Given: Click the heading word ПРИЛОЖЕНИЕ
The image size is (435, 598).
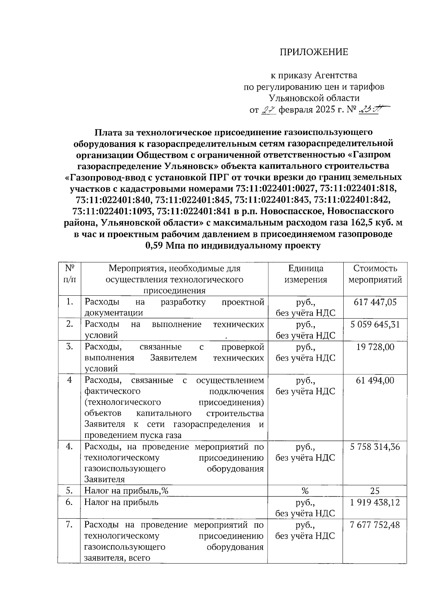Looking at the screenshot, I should (314, 52).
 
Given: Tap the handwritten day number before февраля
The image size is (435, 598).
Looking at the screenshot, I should (269, 109).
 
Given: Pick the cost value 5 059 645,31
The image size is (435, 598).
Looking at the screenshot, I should (375, 324).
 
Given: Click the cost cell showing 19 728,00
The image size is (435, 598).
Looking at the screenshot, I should (375, 347).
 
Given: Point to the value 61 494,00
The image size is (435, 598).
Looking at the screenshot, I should (375, 380).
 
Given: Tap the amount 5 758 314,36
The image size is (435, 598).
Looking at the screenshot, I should (375, 447).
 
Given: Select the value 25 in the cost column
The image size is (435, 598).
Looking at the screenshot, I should (375, 491).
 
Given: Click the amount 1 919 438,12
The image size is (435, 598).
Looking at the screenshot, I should (375, 502).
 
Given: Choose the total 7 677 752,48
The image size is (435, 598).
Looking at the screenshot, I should (375, 525).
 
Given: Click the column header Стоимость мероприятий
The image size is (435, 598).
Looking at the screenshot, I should (375, 274).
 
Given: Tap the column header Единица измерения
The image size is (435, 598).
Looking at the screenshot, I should (306, 274).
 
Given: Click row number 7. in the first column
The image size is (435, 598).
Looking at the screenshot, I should (70, 525).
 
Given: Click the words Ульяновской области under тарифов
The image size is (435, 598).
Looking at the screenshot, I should (314, 98).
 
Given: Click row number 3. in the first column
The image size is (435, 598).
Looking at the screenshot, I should (70, 347).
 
